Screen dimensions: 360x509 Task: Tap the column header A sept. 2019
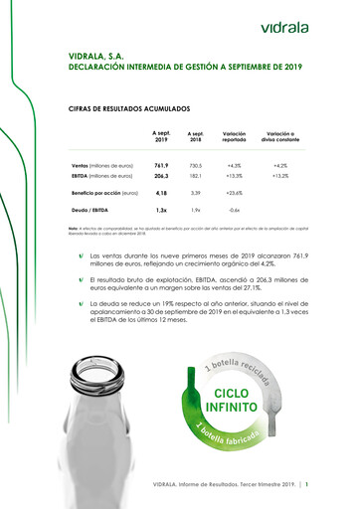click(x=160, y=135)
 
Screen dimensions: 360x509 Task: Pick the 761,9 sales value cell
click(x=160, y=165)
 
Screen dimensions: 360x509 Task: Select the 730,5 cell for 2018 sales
click(x=195, y=165)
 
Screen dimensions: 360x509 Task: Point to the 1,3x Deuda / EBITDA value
click(x=160, y=211)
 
